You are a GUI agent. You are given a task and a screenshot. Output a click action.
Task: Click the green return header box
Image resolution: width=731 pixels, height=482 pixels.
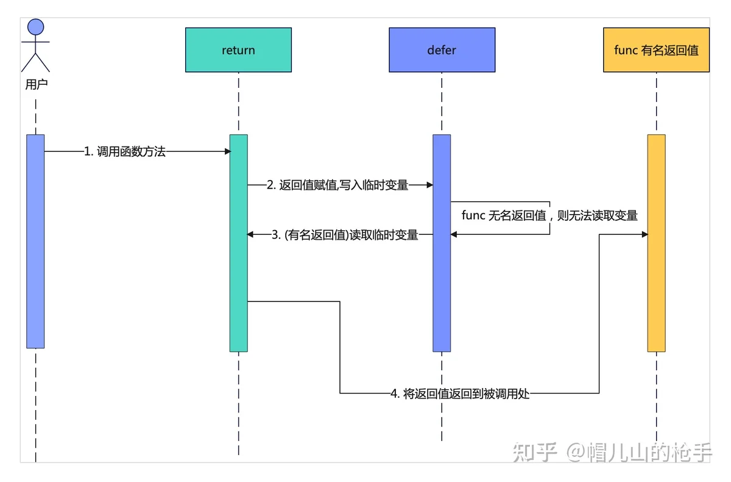tap(238, 49)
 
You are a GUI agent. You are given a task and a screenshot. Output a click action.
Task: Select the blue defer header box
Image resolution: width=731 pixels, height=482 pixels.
tap(442, 49)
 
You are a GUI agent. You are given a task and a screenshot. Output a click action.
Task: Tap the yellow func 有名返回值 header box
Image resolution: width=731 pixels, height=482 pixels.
tap(656, 49)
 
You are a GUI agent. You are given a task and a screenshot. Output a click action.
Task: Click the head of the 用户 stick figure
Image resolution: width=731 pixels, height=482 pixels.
tap(35, 27)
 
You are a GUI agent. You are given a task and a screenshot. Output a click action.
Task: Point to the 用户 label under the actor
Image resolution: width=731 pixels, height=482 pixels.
tap(37, 84)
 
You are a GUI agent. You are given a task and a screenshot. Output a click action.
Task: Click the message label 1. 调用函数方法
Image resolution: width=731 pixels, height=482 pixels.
tap(125, 151)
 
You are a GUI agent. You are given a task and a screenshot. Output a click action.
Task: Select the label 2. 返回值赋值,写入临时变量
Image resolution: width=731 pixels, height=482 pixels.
tap(337, 185)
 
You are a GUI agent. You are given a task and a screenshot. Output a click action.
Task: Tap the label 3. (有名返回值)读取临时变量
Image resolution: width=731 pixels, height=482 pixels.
tap(345, 235)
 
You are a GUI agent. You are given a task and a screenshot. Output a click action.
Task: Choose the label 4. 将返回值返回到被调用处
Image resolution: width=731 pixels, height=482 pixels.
tap(460, 394)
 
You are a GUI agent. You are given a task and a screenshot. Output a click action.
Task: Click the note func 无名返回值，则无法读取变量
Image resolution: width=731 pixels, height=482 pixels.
tap(549, 215)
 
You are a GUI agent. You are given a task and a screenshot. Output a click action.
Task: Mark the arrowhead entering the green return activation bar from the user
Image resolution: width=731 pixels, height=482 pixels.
tap(228, 151)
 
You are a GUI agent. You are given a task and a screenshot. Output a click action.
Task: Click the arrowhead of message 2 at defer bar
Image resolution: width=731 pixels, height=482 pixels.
tap(430, 185)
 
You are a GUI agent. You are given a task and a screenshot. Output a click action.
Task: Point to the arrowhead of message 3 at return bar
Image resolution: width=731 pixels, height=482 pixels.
tap(250, 234)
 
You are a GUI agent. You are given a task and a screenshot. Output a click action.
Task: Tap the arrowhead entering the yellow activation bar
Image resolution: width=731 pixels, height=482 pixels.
tap(644, 234)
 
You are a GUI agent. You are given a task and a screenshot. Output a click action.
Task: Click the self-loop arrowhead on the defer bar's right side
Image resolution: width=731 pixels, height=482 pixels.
tap(454, 234)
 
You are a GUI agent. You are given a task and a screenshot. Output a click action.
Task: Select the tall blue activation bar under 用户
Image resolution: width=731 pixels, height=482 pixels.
tap(35, 241)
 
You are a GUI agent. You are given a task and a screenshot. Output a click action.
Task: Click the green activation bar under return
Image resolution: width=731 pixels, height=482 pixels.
tap(239, 243)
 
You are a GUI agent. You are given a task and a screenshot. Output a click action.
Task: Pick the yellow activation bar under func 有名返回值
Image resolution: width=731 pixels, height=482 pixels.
tap(656, 243)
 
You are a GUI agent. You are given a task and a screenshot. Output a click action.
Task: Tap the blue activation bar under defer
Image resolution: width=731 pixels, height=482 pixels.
tap(442, 243)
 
